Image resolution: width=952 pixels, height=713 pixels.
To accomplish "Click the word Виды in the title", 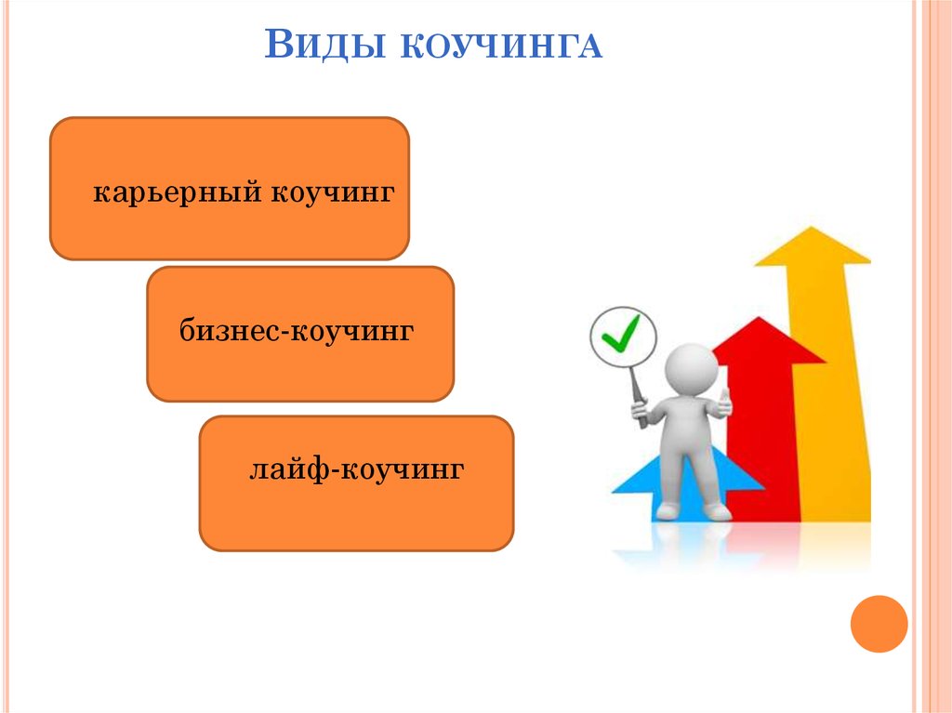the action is [324, 44].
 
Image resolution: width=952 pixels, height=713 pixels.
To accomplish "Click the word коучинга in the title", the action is [501, 46].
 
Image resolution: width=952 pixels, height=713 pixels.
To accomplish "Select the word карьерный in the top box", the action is [178, 192].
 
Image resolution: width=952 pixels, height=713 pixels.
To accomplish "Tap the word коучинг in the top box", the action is [333, 192].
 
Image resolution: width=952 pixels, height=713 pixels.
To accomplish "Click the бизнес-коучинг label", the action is [297, 331].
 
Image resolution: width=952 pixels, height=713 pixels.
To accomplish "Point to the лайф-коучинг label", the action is [356, 469].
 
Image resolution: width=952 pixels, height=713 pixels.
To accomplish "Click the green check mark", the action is [620, 333].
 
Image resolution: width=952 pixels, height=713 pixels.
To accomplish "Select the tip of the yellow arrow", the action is [812, 227].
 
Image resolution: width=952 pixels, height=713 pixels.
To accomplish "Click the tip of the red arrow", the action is [759, 318].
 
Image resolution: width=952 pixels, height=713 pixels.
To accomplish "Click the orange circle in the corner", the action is [879, 624].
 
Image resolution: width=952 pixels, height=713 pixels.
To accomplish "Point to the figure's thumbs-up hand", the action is [723, 403].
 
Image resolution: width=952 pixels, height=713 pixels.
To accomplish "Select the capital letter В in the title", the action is [279, 44].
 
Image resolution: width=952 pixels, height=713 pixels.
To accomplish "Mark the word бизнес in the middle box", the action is [231, 331].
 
